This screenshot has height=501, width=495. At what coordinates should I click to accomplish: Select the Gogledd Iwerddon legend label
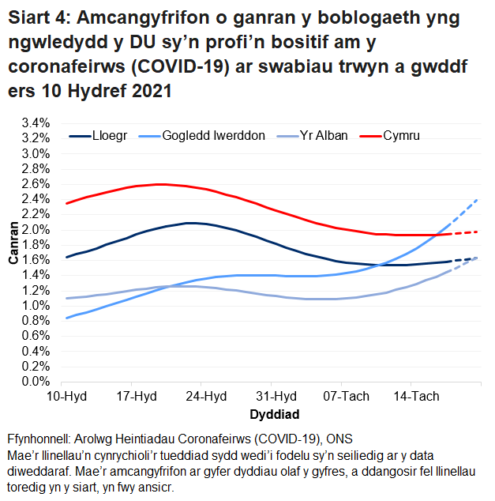[213, 136]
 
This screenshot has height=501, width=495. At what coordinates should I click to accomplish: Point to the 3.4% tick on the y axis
[35, 123]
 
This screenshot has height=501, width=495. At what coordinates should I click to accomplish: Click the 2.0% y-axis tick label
[35, 230]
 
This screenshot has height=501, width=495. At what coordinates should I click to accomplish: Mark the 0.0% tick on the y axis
[35, 382]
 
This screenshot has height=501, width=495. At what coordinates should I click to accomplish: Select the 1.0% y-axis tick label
[35, 306]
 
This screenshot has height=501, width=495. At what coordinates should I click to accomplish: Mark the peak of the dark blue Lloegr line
[189, 223]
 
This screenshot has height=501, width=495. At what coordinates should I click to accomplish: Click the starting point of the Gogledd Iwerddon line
[66, 318]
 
